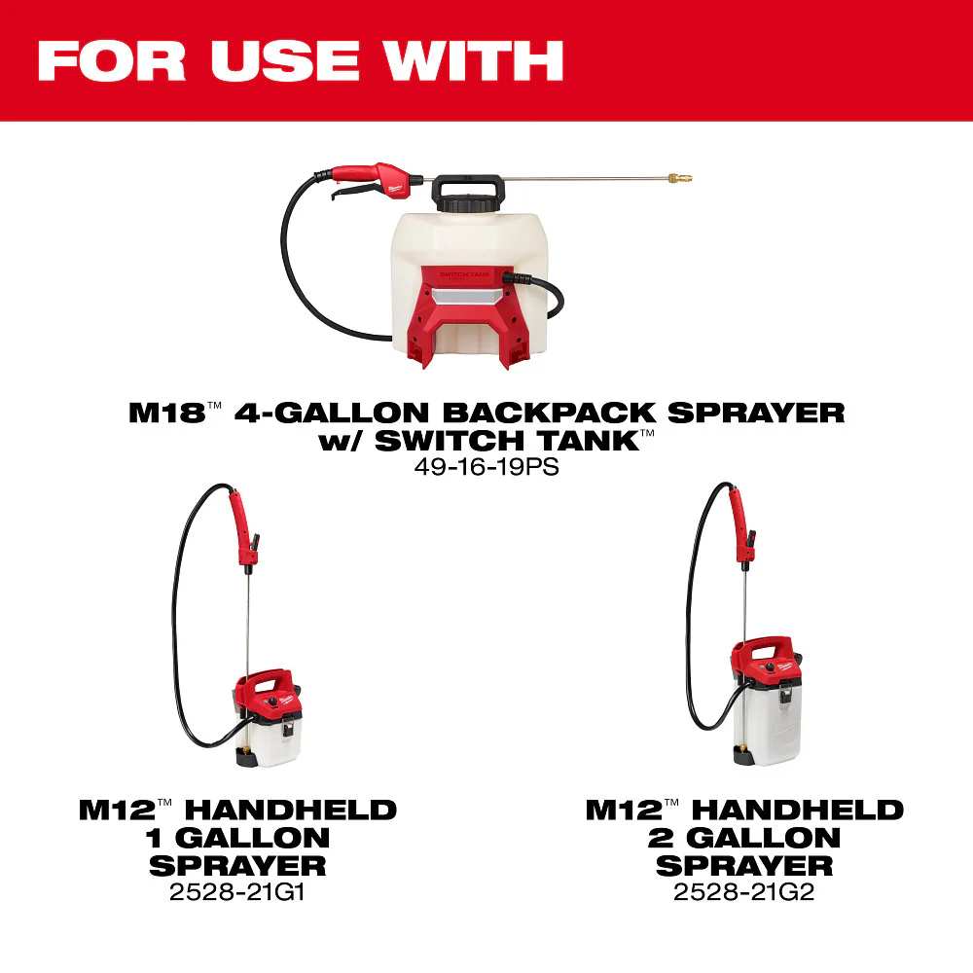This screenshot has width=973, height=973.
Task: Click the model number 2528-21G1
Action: [237, 891]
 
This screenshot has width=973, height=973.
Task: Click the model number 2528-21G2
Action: [743, 891]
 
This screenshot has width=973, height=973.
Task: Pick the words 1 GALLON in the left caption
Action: [238, 837]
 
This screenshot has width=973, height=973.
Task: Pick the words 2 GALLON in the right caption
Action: [744, 837]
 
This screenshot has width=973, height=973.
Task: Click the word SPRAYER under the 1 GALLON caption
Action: [238, 865]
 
